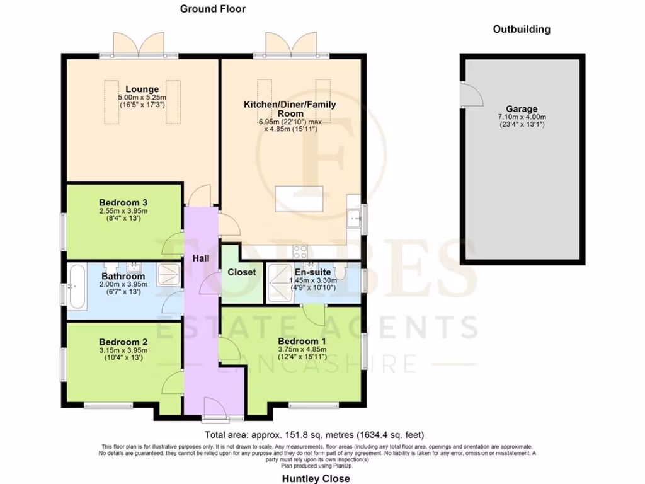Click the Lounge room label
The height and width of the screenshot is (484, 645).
142,89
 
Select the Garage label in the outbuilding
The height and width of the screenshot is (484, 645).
522,108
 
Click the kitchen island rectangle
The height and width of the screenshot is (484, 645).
299,199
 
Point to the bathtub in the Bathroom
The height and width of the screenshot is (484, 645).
77,287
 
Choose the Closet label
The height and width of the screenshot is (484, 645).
242,272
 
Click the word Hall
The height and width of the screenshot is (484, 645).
202,258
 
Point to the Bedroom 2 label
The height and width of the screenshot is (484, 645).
123,342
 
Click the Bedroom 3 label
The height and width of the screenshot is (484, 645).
123,202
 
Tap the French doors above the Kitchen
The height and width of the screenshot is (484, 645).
290,45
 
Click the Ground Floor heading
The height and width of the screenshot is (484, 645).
213,9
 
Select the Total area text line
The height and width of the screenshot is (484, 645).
314,435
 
